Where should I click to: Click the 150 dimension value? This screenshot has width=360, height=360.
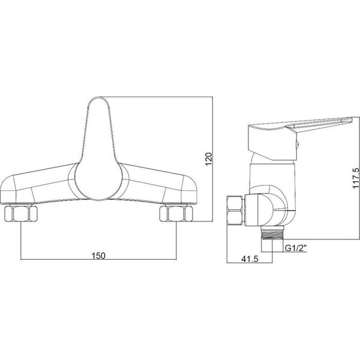point(98,256)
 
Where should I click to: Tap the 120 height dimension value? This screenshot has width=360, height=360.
point(209,159)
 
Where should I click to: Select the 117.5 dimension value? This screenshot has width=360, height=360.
point(356,178)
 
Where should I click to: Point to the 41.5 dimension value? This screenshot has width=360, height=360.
point(250,259)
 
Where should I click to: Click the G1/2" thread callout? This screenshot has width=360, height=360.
point(296,248)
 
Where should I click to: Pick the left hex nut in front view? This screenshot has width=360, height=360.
point(21,214)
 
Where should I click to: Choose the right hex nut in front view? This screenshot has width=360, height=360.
point(176,214)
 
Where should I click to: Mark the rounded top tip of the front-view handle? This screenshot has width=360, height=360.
point(98,98)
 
